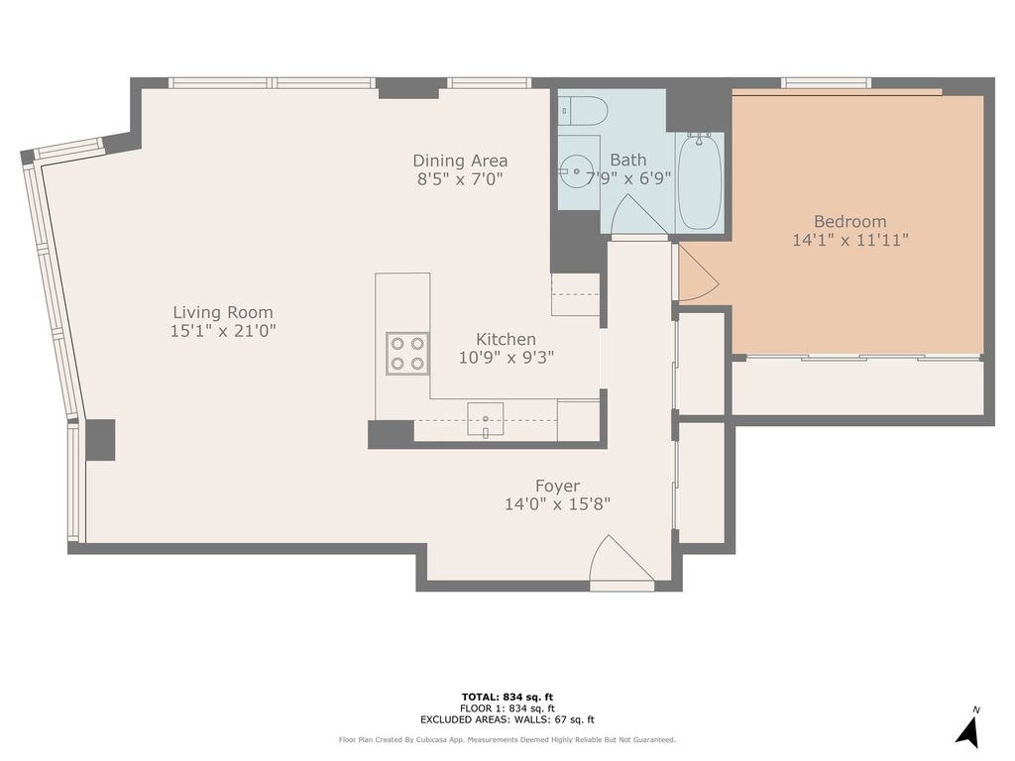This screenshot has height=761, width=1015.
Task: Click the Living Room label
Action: pyautogui.click(x=223, y=312)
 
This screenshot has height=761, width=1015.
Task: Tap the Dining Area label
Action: pyautogui.click(x=460, y=161)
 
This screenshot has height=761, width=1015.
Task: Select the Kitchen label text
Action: pyautogui.click(x=506, y=339)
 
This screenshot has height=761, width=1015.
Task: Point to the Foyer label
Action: pyautogui.click(x=557, y=486)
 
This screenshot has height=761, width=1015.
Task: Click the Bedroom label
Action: pyautogui.click(x=849, y=221)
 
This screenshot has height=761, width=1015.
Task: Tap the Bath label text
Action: pyautogui.click(x=627, y=160)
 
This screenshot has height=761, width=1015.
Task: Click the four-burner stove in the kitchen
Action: pyautogui.click(x=407, y=354)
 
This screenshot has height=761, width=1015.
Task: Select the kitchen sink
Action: pyautogui.click(x=486, y=419)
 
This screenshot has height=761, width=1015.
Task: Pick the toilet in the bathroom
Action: pyautogui.click(x=583, y=111)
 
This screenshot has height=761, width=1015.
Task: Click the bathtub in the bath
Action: pyautogui.click(x=700, y=180)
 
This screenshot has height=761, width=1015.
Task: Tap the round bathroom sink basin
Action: pyautogui.click(x=576, y=171)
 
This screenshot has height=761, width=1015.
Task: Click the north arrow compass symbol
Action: pyautogui.click(x=969, y=728)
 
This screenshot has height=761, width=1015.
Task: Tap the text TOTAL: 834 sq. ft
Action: pyautogui.click(x=507, y=697)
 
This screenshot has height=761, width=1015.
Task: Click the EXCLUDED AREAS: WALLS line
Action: pyautogui.click(x=507, y=719)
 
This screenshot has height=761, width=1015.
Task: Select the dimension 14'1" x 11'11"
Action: pyautogui.click(x=849, y=240)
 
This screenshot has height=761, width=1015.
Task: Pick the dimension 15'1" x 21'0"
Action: pyautogui.click(x=223, y=331)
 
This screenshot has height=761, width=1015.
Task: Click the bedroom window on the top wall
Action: pyautogui.click(x=826, y=82)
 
